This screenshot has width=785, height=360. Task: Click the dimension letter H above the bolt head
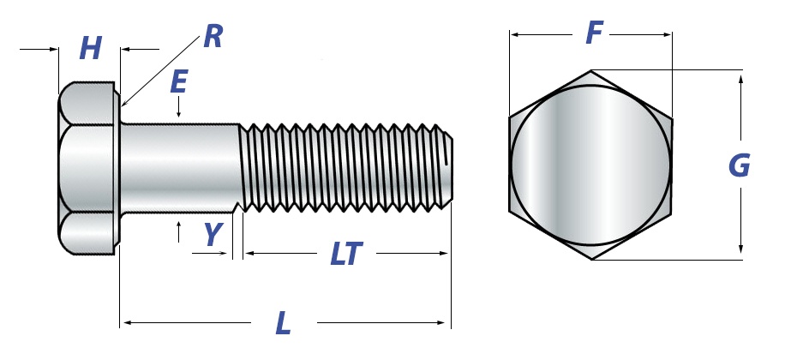[91, 49]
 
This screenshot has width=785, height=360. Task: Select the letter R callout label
[213, 36]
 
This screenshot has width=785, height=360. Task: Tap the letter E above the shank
[179, 82]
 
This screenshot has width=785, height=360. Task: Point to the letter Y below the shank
[213, 234]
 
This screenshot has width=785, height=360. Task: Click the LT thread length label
[346, 254]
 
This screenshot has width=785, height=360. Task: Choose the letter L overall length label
[284, 323]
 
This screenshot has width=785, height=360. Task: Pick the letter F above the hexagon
[594, 33]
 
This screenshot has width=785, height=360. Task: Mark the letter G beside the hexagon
[739, 166]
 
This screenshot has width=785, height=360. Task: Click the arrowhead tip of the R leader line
[122, 105]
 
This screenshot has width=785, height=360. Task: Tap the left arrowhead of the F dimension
[511, 35]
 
